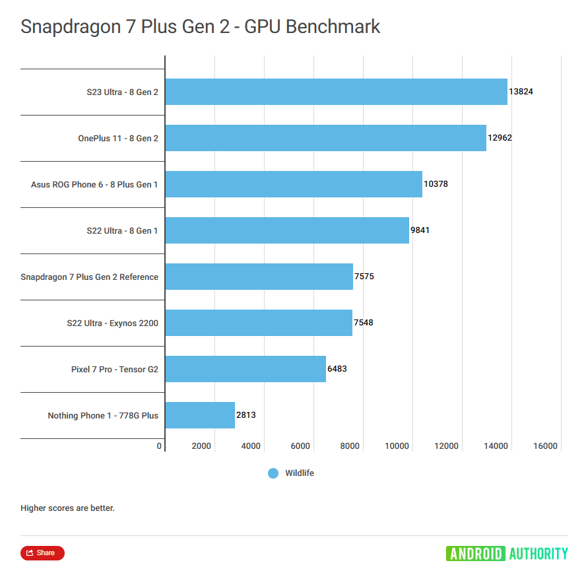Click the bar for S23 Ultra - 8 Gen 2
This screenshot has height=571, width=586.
tap(336, 92)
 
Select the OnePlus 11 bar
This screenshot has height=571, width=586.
tap(325, 138)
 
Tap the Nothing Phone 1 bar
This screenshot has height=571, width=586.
tap(200, 415)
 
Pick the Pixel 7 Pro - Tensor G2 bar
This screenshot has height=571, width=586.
tap(245, 369)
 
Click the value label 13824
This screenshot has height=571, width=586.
tap(521, 92)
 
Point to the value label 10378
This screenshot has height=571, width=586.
tap(436, 184)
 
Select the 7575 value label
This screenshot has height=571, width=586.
tap(364, 277)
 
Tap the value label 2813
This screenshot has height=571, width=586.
tap(245, 415)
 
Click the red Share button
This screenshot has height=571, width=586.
tap(42, 553)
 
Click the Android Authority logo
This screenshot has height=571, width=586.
tap(507, 553)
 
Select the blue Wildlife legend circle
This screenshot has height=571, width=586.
tap(273, 473)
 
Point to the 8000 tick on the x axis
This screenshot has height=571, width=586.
tap(350, 446)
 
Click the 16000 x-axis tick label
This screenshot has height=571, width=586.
tap(545, 446)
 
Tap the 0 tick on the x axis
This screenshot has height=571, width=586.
tap(159, 446)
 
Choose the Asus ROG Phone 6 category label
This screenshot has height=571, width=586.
tap(94, 184)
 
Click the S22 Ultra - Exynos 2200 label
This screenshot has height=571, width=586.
tap(112, 323)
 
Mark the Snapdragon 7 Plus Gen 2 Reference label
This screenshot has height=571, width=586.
tap(89, 277)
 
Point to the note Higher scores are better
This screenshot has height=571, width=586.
tap(67, 508)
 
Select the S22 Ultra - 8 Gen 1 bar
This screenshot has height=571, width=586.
tap(287, 230)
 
